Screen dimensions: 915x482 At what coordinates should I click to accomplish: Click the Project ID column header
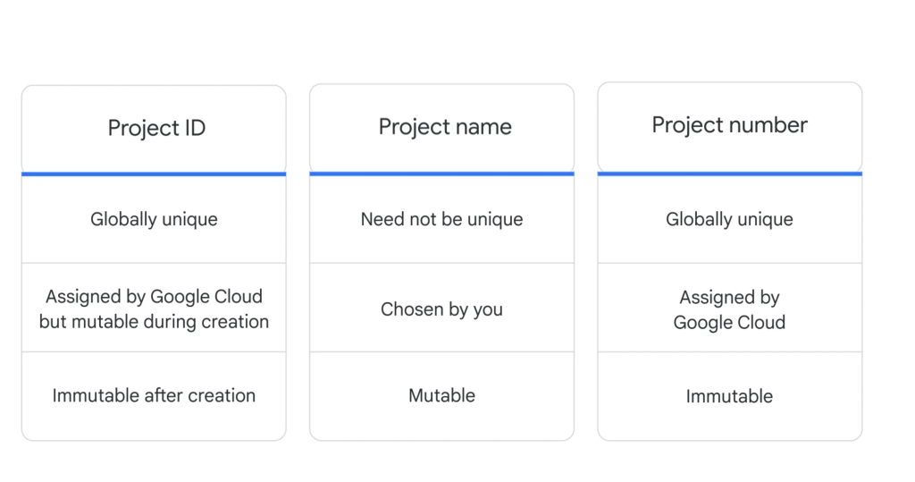pos(156,128)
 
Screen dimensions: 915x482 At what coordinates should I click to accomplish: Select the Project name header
pos(445,127)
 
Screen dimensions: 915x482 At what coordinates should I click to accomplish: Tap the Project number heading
pos(729,125)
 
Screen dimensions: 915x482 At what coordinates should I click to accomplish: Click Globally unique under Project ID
pos(154,219)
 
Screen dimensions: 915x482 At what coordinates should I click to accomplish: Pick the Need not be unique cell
pos(441,219)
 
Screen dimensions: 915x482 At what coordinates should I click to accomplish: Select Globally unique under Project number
pos(729,219)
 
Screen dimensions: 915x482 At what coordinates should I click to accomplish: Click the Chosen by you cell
pos(441,309)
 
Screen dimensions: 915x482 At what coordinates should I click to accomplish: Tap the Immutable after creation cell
pos(154,395)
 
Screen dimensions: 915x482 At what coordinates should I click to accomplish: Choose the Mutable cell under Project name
pos(441,395)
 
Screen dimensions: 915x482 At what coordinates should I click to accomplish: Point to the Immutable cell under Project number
pos(729,396)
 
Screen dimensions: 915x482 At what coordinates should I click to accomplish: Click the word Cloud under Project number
pos(758,323)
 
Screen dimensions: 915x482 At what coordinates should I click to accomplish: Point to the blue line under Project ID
pos(154,173)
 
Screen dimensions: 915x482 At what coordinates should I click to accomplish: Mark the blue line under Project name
pos(441,173)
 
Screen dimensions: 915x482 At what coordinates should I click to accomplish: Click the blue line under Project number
pos(729,173)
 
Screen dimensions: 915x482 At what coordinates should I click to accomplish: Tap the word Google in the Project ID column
pos(178,297)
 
